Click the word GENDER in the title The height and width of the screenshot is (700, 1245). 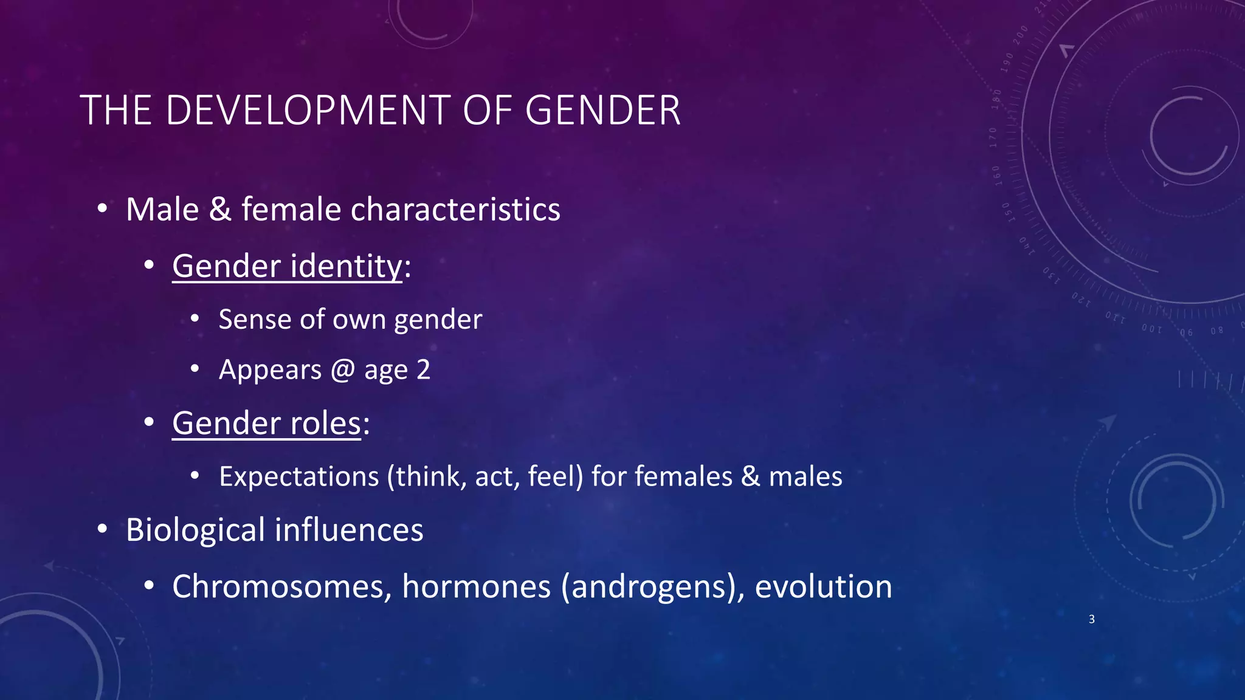(602, 111)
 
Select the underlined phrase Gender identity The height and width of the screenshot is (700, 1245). (287, 266)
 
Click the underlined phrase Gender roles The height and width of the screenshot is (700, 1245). (266, 423)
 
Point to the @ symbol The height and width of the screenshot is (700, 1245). (343, 370)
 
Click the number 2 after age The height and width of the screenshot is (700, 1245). (424, 369)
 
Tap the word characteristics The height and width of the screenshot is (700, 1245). (455, 210)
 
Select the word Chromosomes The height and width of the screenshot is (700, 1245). (281, 587)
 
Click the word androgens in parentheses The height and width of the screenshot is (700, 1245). (649, 587)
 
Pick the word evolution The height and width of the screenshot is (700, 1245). (823, 587)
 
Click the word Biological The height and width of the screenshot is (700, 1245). (195, 530)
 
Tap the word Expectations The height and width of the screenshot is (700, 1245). (298, 476)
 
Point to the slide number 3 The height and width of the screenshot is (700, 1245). (1092, 619)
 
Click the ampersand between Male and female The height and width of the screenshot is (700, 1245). (220, 210)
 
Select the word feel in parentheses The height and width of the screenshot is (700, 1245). (551, 476)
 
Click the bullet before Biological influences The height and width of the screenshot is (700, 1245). (102, 529)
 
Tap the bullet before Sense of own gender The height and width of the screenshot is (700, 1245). (195, 319)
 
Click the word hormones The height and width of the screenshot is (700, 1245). (476, 587)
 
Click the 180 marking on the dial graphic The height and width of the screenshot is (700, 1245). (996, 98)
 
